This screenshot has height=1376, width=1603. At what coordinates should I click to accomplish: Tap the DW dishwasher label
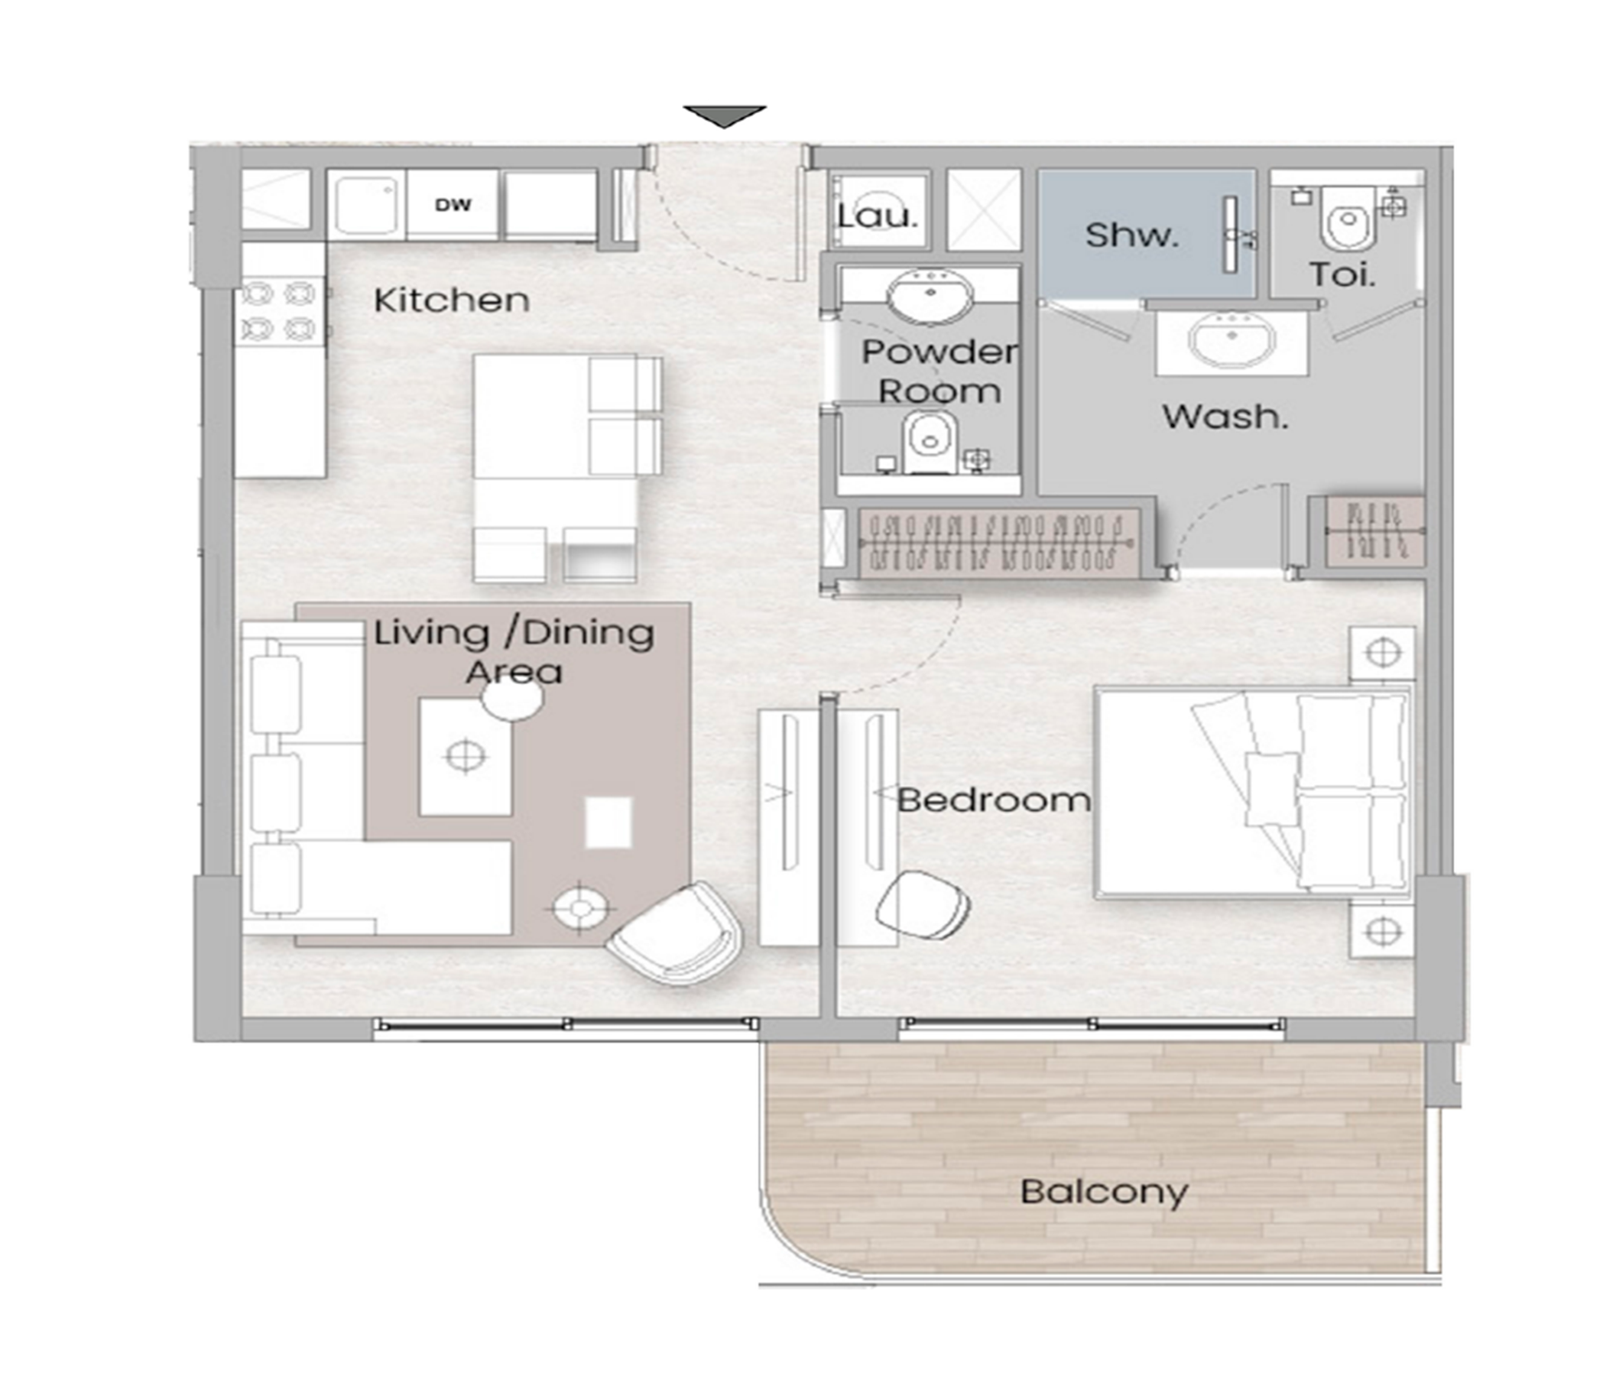click(453, 205)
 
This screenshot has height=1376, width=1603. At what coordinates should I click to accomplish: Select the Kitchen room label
click(452, 300)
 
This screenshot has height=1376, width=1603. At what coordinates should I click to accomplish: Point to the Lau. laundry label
click(878, 215)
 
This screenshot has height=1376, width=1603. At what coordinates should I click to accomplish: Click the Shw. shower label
click(1132, 235)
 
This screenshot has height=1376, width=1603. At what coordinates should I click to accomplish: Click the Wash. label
click(1225, 417)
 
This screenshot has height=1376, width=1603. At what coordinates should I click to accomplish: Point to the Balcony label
click(1104, 1192)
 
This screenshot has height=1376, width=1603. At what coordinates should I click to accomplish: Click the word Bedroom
click(993, 800)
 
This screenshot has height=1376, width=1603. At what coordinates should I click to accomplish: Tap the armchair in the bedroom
click(922, 906)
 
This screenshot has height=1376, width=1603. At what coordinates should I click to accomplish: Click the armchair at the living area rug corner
click(676, 933)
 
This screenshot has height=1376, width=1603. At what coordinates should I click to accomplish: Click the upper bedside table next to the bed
click(1384, 653)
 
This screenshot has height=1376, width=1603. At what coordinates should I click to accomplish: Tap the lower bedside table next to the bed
click(1384, 931)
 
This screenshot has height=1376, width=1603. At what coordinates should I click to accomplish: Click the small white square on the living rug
click(608, 823)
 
